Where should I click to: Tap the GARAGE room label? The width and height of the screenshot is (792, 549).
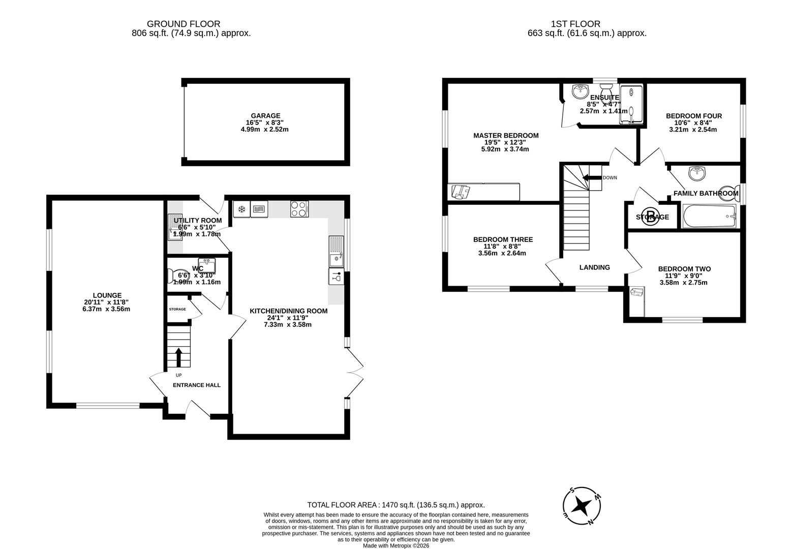coord(265,116)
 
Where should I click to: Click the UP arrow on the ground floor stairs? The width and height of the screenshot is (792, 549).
coord(178,357)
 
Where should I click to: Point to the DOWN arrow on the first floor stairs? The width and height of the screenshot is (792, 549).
coord(591,177)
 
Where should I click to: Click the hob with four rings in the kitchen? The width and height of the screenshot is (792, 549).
coord(299,209)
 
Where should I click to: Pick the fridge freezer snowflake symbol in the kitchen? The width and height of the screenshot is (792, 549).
coord(242,209)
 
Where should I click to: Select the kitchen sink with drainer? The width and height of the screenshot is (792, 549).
coord(336,252)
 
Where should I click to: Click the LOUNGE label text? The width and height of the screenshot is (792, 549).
coord(107,295)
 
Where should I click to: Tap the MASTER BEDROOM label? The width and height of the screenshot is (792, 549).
coord(505,136)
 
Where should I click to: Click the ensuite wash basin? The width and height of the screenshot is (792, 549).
coord(580,91)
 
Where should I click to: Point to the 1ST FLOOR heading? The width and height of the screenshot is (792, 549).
coord(575,24)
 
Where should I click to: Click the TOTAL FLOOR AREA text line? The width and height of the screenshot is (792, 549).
coord(395,505)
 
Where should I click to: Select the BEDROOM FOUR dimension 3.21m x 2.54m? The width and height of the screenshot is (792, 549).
coord(693,130)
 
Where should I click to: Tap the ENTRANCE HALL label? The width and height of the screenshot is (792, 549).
coord(196,385)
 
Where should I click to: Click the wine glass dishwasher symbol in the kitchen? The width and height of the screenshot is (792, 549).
coord(336,277)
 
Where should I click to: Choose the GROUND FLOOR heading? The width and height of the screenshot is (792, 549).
coord(184,24)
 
